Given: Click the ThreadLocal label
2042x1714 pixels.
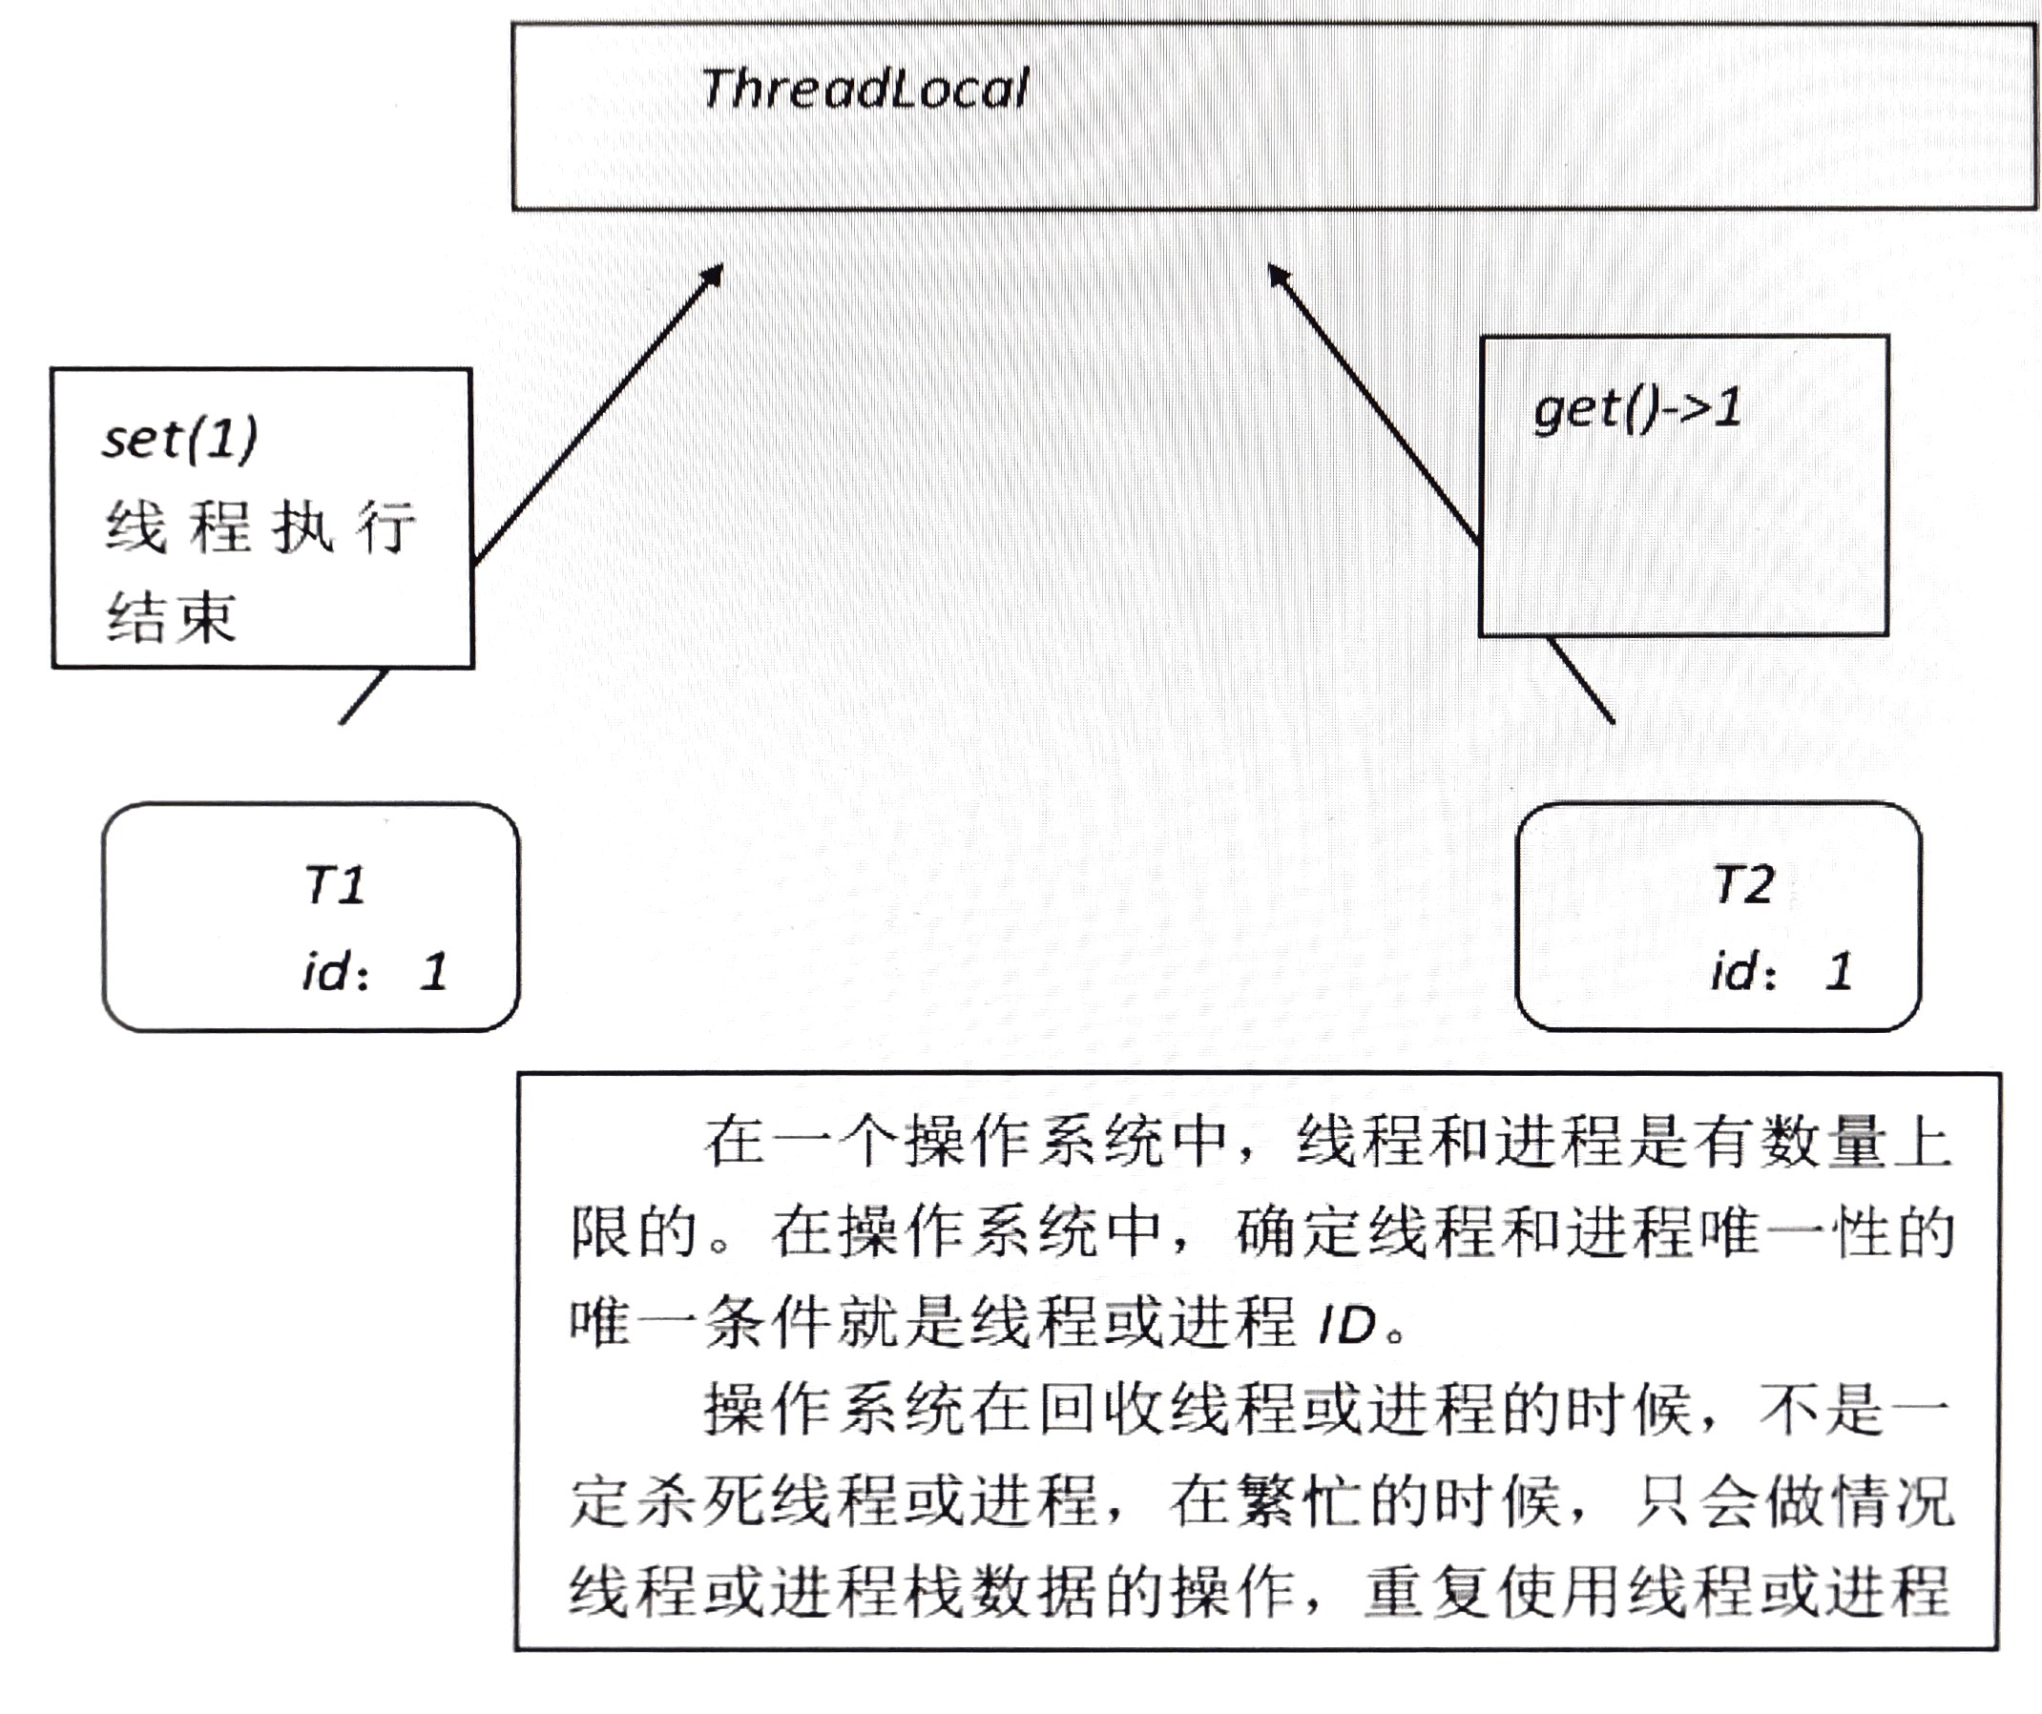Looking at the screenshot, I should point(864,90).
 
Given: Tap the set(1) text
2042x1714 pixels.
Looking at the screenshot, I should point(180,439).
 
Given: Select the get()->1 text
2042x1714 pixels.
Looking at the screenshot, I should point(1636,409).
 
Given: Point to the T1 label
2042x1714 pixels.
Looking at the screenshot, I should point(334,886).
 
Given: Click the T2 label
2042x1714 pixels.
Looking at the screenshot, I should point(1743,885).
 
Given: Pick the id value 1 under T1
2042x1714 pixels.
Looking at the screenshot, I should point(433,971).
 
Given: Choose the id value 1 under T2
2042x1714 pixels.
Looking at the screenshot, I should point(1838,971).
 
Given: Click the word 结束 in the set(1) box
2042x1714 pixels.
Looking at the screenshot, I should point(171,617).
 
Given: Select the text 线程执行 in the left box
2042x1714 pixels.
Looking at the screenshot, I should point(260,527).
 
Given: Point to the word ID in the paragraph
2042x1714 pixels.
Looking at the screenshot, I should point(1347,1325).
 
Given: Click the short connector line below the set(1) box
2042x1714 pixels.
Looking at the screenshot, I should point(364,696).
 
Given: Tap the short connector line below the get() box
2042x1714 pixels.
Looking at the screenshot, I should point(1580,680).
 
